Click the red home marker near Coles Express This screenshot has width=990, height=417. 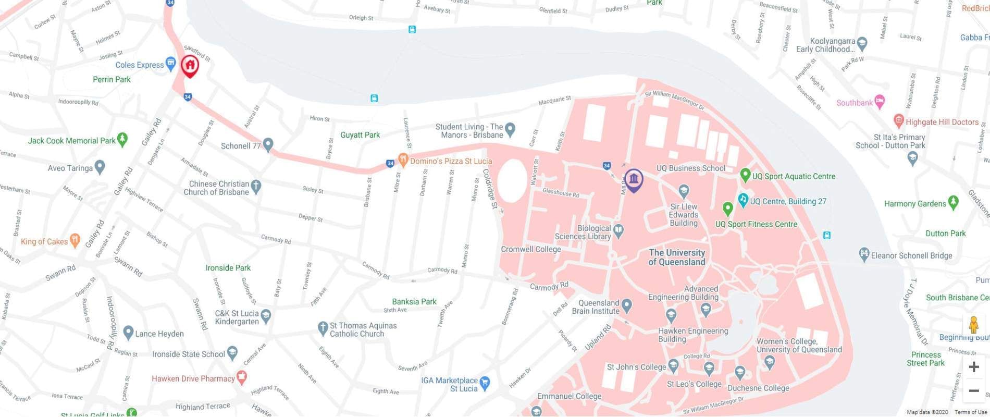click(x=190, y=66)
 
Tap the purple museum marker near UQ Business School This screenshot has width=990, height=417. click(x=634, y=180)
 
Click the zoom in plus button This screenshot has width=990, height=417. click(x=973, y=367)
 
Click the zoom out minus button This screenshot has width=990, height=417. click(x=973, y=390)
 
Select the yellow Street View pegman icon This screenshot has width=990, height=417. click(x=973, y=325)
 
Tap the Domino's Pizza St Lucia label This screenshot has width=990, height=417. click(x=451, y=161)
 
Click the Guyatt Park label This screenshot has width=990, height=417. click(x=360, y=134)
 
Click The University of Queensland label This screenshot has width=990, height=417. click(x=676, y=257)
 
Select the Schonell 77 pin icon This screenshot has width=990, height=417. click(x=268, y=144)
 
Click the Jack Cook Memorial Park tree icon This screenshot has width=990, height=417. click(x=122, y=139)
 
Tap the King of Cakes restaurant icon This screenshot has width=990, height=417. click(x=75, y=240)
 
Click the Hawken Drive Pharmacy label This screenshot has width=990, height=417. click(x=193, y=378)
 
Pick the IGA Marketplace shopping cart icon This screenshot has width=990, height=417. click(x=485, y=383)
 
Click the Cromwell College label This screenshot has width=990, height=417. click(x=531, y=249)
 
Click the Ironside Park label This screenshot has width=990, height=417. click(x=228, y=267)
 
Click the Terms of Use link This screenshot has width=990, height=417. click(x=971, y=412)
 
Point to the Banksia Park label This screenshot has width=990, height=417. click(x=414, y=301)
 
